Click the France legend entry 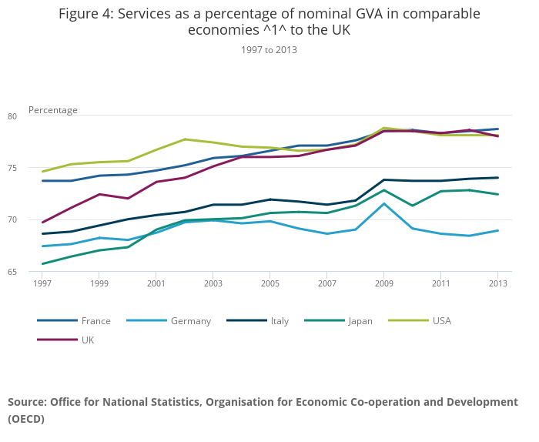coord(95,320)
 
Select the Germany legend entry coord(190,320)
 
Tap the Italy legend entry coord(280,320)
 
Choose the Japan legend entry coord(360,320)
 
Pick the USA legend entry coord(442,320)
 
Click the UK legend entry coord(89,340)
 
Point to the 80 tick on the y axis coord(34,116)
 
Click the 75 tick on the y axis coord(34,168)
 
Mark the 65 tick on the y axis coord(34,272)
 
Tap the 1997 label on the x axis coord(42,283)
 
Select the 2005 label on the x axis coord(270,283)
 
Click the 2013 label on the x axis coord(498,283)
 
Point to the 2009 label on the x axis coord(384,283)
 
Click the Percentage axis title coord(53,110)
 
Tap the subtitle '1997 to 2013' coord(269,49)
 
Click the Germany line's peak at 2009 coord(384,203)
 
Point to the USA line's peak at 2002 coord(185,139)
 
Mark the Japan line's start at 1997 coord(42,264)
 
